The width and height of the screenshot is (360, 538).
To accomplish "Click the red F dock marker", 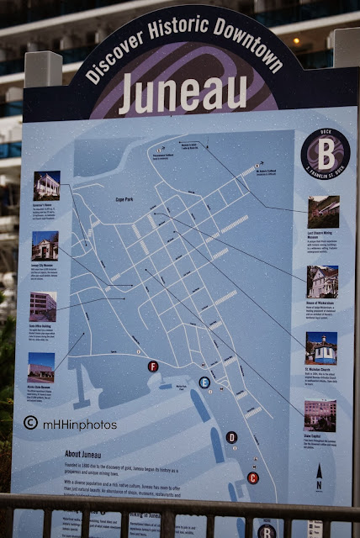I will coord(153,367).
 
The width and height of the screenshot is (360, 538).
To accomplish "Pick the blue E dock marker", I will coord(204,382).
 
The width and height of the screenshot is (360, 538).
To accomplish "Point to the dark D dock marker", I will coord(231,436).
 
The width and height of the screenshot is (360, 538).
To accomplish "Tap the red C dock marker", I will coord(253,477).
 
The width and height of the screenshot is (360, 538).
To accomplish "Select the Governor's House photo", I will coord(46,185).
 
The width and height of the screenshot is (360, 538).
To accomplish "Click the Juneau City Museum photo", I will coord(44,245).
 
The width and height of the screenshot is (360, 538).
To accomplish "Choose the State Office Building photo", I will coord(43,306).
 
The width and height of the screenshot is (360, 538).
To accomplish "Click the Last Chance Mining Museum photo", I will coord(323,212).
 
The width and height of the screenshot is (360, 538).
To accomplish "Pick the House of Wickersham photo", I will coord(322,282).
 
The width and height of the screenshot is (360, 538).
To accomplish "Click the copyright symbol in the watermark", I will coord(31,424).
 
